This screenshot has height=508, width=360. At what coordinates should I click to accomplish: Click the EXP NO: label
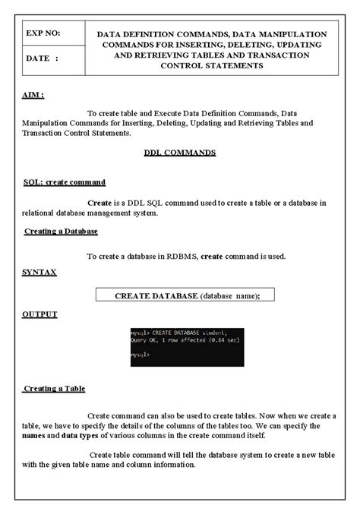coord(42,34)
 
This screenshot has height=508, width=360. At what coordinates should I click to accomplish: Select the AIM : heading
coord(33,96)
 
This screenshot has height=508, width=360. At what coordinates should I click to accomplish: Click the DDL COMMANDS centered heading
coord(180,152)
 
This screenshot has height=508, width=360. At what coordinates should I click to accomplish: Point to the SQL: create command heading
coord(65,182)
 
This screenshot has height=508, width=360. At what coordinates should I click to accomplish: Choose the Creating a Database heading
coord(61,231)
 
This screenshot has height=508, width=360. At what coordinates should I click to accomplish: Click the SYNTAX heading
coord(39,271)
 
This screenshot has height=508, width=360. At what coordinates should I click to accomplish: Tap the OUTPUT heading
coord(39,314)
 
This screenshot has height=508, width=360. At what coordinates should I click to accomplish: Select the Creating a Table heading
coord(54,389)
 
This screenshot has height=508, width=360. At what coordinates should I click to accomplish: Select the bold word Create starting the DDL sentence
coord(99,203)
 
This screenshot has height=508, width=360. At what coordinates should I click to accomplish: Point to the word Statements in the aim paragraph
coord(109,133)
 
